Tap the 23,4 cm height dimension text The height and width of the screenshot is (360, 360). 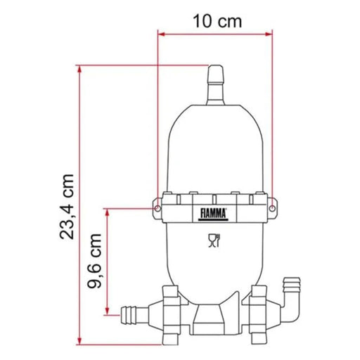[67, 207]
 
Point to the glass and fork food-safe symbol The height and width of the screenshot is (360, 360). [214, 243]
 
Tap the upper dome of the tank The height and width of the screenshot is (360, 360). [214, 134]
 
